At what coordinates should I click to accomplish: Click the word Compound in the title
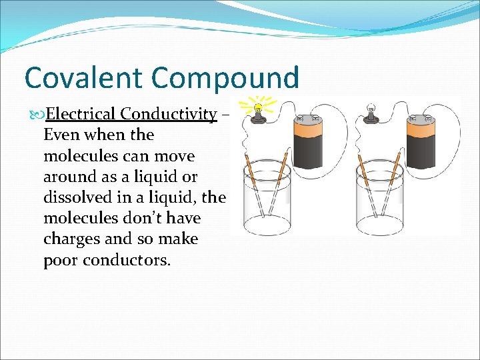225,77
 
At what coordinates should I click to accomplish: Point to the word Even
60,135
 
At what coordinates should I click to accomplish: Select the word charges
70,239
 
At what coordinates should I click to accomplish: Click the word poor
61,260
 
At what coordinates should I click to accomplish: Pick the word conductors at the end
127,260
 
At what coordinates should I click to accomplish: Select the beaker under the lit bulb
267,200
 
